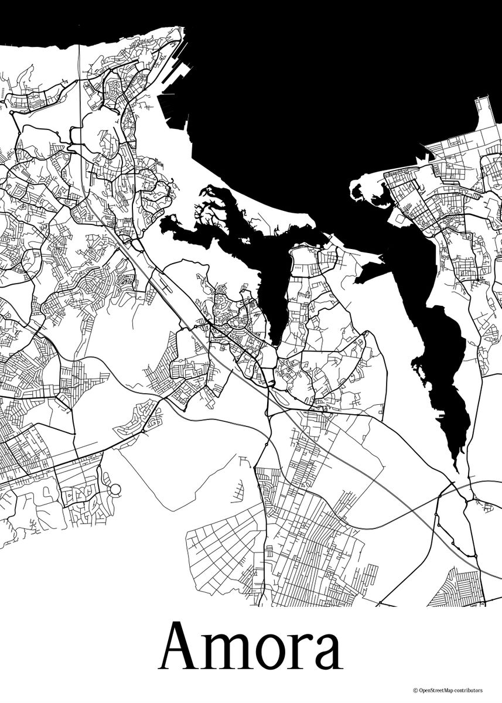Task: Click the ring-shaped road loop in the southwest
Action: [x=115, y=489]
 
